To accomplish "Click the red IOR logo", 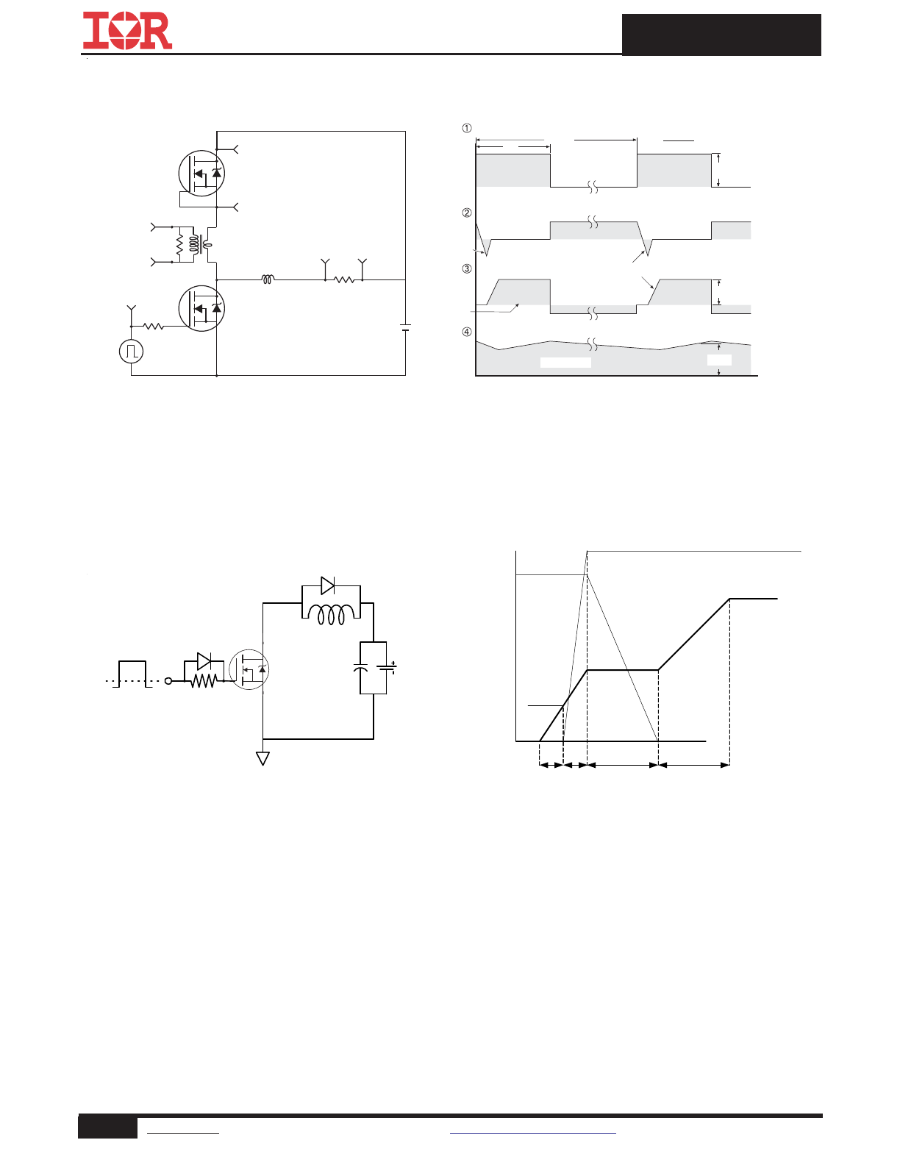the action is pyautogui.click(x=127, y=31).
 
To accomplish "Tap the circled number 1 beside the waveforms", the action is pyautogui.click(x=467, y=128).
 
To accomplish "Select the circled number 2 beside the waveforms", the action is pyautogui.click(x=467, y=213).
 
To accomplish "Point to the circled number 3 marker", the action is pyautogui.click(x=467, y=268).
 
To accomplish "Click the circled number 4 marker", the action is pyautogui.click(x=467, y=332).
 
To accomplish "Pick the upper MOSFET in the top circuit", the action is pyautogui.click(x=201, y=173).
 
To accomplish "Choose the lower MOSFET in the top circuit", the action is pyautogui.click(x=201, y=308).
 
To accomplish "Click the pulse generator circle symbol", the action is pyautogui.click(x=132, y=352).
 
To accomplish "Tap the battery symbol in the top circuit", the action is pyautogui.click(x=406, y=327).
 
